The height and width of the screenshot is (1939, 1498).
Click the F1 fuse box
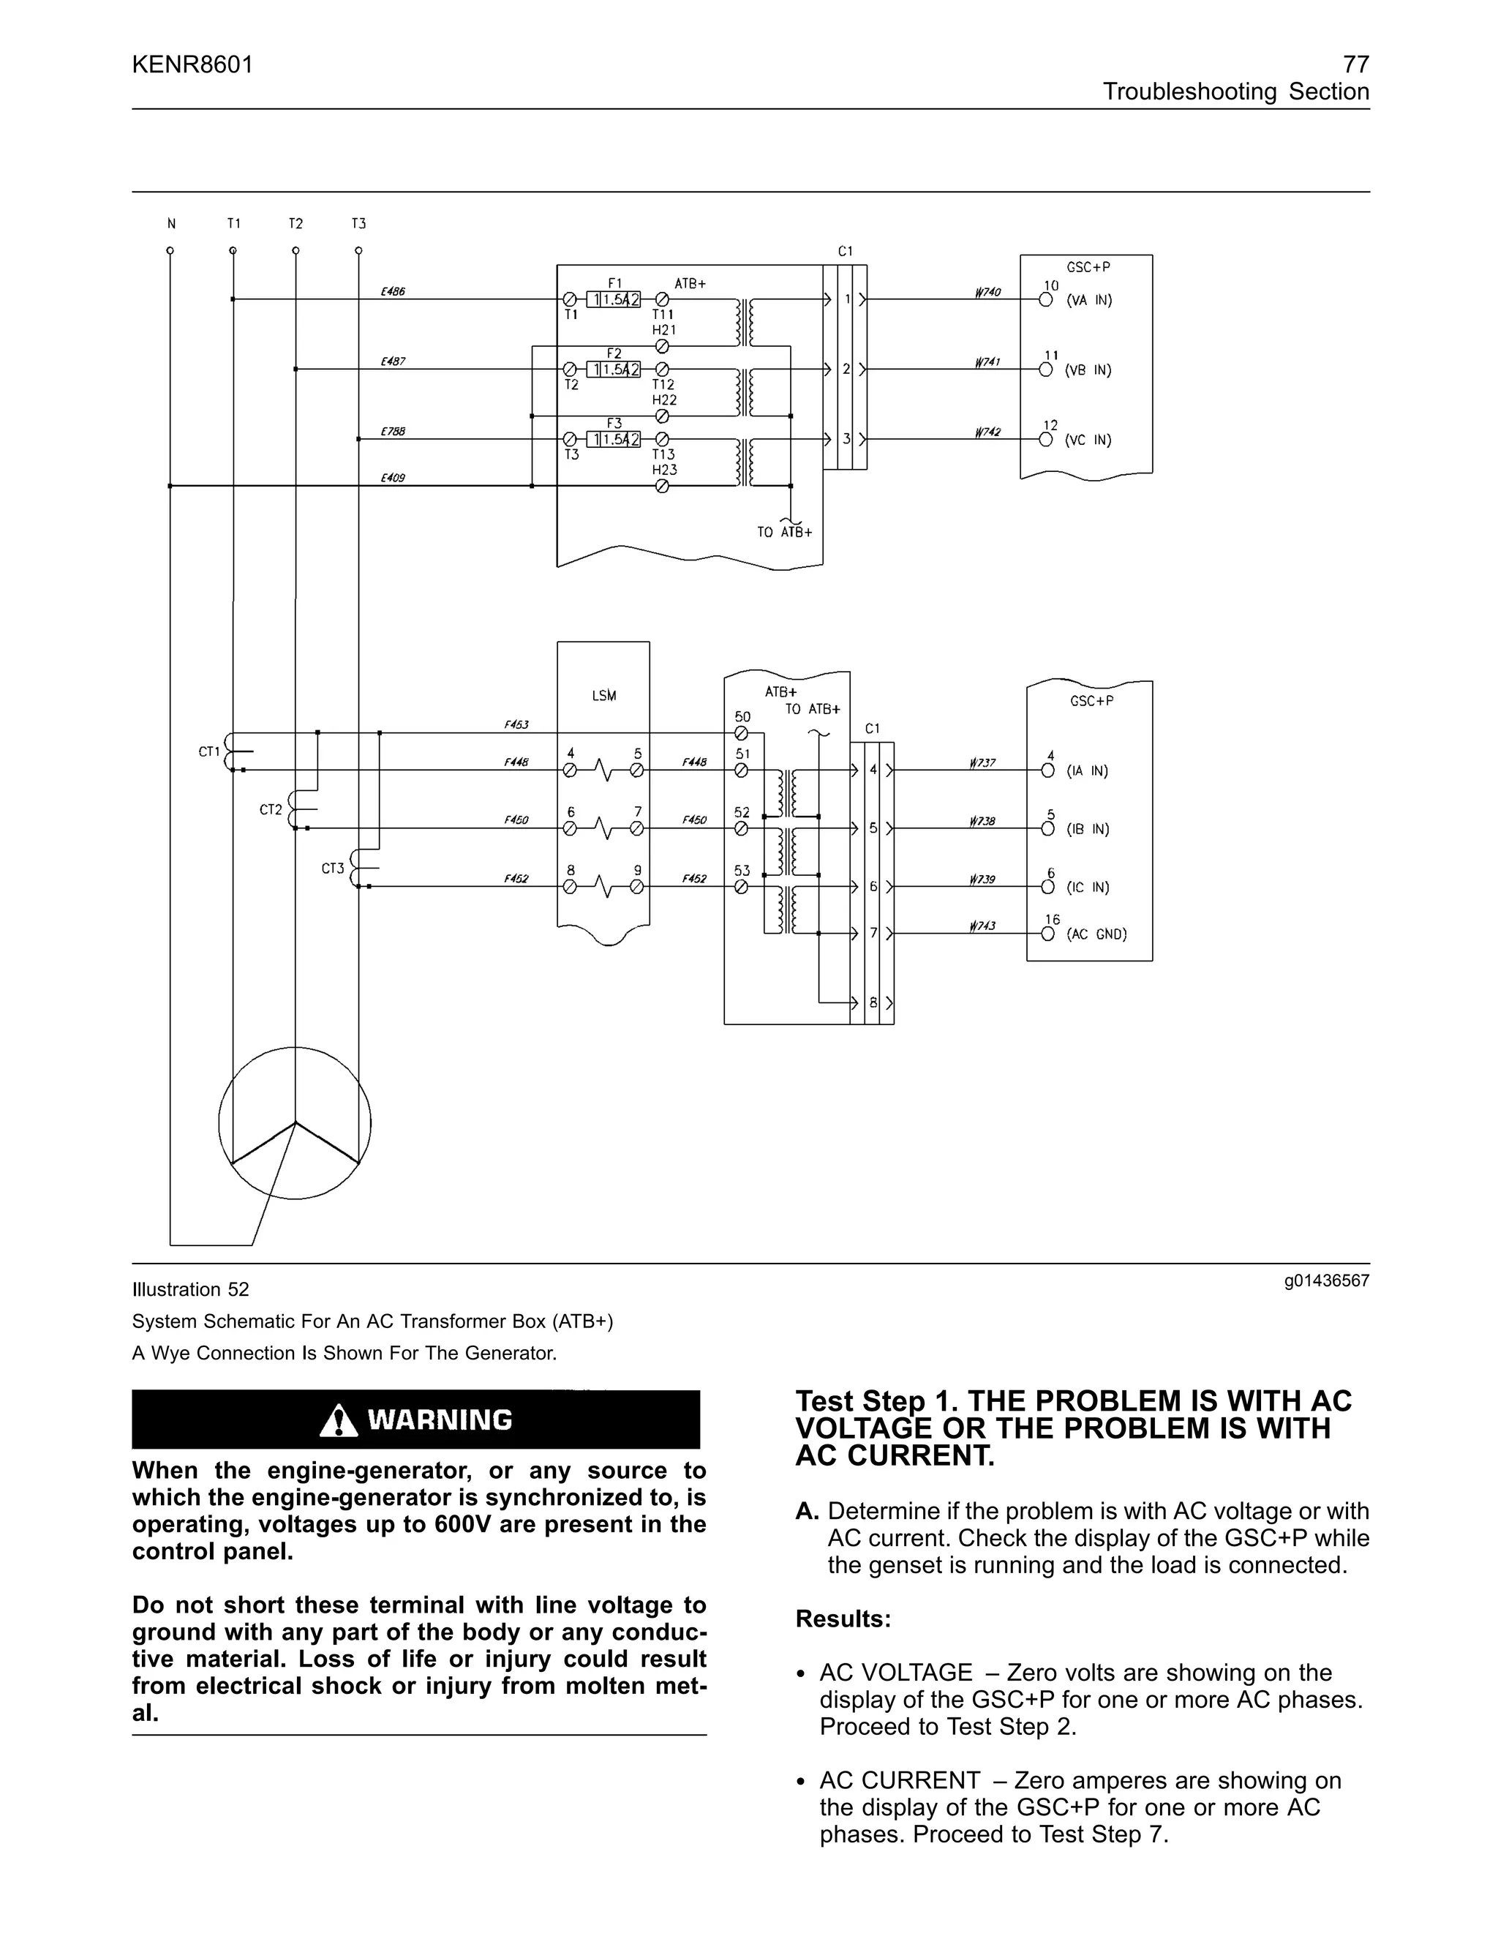tap(613, 300)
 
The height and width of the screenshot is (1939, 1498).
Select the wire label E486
tap(392, 291)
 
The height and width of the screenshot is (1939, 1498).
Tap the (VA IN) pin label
tap(1089, 301)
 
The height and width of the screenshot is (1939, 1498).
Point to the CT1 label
tap(208, 752)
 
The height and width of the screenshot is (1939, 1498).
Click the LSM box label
tap(603, 696)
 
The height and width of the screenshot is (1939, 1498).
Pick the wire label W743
tap(982, 926)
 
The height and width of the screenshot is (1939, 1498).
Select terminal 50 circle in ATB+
tap(742, 733)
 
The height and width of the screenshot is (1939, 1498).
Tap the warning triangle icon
tap(338, 1420)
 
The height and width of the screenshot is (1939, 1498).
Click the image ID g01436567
tap(1326, 1281)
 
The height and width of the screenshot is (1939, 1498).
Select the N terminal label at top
tap(171, 224)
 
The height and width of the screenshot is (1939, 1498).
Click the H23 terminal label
tap(664, 470)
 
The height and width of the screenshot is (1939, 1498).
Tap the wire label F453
tap(516, 724)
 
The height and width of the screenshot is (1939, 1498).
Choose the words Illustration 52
tap(191, 1289)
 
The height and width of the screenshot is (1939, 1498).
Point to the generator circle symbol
tap(295, 1123)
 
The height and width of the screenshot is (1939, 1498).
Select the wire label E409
tap(392, 478)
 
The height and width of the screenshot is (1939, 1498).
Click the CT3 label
tap(333, 869)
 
